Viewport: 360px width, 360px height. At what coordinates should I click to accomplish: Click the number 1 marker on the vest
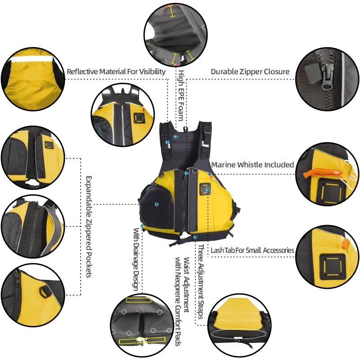point(167,142)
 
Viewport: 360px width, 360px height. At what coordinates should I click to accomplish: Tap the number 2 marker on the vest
point(176,136)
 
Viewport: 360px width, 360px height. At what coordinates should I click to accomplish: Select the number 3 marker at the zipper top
point(186,173)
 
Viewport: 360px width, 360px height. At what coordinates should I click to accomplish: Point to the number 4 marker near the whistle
point(210,175)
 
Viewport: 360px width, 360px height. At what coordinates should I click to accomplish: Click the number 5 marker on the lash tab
point(208,190)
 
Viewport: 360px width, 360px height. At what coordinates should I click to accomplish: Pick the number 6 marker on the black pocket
point(157,204)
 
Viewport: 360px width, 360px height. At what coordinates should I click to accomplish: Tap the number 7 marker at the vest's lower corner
point(142,226)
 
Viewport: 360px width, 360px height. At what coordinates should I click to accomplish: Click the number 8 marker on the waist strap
point(195,237)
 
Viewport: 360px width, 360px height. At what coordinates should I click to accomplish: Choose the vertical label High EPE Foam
point(181,94)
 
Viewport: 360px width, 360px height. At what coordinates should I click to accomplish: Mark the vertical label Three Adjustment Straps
point(201,281)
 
